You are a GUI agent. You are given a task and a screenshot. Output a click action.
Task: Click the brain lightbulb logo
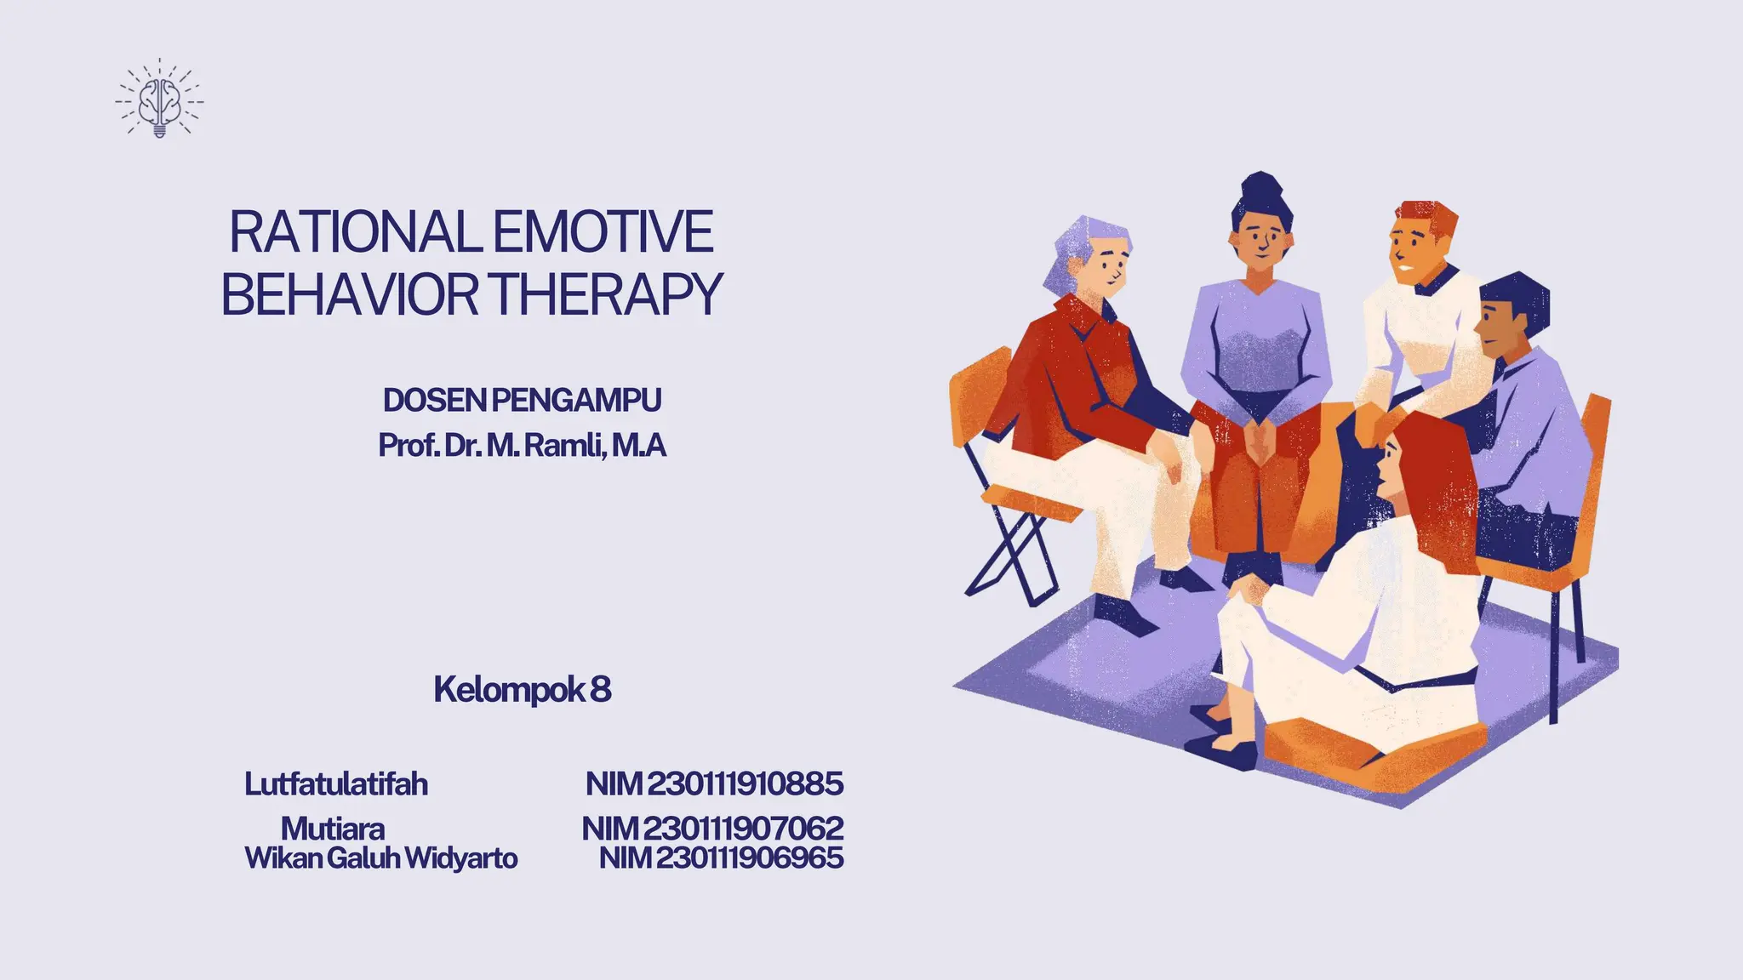tap(159, 100)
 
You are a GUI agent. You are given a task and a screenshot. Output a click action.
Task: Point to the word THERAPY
tap(607, 294)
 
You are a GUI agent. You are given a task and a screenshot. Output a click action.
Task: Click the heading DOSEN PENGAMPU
tap(522, 400)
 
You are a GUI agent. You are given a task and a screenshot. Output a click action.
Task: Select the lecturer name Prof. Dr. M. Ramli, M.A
tap(522, 445)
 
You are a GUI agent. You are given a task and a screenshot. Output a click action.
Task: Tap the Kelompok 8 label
tap(522, 689)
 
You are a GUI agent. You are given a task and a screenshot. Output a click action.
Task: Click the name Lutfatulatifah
tap(336, 783)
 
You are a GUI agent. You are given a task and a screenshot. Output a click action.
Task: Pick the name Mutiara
tap(333, 828)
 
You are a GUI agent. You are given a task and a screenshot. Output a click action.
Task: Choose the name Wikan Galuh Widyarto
tap(380, 857)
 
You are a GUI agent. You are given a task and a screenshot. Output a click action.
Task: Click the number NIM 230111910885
tap(714, 783)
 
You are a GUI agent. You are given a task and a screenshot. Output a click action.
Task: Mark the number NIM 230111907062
tap(712, 828)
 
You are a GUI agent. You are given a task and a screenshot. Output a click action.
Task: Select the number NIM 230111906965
tap(721, 857)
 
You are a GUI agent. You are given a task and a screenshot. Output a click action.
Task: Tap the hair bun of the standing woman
tap(1261, 188)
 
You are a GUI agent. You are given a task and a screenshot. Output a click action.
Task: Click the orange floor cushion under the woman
tap(1370, 749)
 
